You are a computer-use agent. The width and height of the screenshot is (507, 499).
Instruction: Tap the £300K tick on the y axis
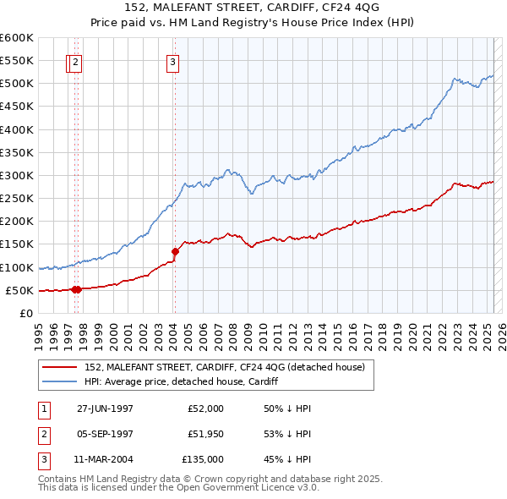pos(16,175)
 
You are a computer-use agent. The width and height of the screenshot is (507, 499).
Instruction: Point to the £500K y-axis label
pos(16,83)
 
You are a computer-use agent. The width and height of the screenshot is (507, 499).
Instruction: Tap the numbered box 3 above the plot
pos(172,61)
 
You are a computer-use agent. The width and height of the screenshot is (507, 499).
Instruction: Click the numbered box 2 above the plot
pos(76,61)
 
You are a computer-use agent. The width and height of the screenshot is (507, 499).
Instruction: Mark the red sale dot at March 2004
pos(175,250)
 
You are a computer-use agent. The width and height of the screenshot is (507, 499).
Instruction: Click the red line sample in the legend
pos(61,367)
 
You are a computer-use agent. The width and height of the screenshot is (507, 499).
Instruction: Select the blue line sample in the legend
pos(61,381)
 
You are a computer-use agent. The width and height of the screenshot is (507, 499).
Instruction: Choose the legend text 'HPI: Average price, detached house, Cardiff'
pos(183,381)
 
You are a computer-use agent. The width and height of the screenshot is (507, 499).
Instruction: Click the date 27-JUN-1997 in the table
pos(105,409)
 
